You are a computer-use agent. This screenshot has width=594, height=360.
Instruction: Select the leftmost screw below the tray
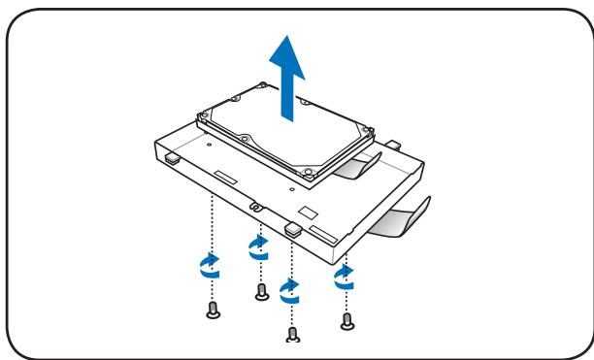click(x=212, y=311)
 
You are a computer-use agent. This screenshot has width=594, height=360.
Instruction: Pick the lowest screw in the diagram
click(x=293, y=336)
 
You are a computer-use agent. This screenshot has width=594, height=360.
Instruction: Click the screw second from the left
click(x=260, y=291)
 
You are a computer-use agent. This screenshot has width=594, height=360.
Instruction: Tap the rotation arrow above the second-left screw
click(x=258, y=246)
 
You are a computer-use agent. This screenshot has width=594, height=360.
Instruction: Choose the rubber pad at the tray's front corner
click(x=293, y=229)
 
